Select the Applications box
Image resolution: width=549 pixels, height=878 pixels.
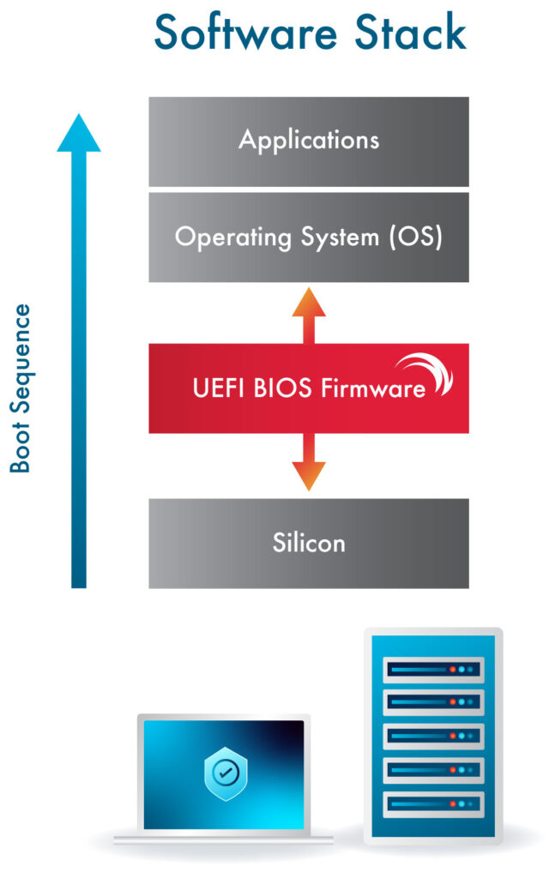(309, 141)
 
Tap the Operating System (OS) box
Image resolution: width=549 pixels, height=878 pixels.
(309, 238)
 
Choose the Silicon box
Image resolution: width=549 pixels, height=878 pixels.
(309, 543)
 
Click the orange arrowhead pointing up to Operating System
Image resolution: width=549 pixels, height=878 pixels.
(309, 303)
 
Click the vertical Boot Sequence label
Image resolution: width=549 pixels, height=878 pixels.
(21, 388)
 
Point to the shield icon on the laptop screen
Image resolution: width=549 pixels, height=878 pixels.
(223, 772)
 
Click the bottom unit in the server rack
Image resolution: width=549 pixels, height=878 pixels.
(433, 804)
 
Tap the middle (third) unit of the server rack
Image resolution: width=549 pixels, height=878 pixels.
(433, 737)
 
